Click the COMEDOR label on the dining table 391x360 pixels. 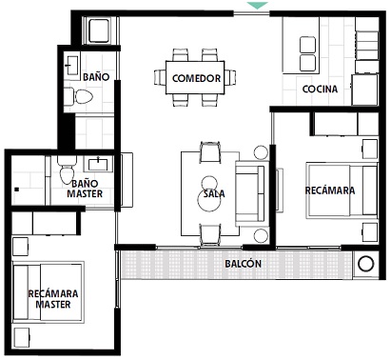(x=196, y=78)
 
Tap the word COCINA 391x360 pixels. (x=320, y=90)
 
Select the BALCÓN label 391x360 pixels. (x=244, y=264)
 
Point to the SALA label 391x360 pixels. (x=214, y=193)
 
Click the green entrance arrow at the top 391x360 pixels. (x=258, y=5)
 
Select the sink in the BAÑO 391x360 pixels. (x=72, y=66)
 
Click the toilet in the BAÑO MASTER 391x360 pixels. (x=67, y=170)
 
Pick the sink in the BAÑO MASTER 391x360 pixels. (x=98, y=164)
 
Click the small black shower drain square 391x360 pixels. (x=17, y=190)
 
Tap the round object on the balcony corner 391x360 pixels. (x=365, y=264)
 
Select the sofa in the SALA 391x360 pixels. (x=250, y=193)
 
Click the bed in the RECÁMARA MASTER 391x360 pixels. (x=48, y=292)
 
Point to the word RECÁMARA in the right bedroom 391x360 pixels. (x=330, y=190)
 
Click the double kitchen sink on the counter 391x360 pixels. (x=307, y=54)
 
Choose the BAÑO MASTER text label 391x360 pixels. (x=85, y=189)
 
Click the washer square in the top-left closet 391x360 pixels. (x=100, y=30)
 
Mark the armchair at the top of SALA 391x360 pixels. (x=210, y=152)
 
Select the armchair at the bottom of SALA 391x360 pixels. (x=210, y=235)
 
